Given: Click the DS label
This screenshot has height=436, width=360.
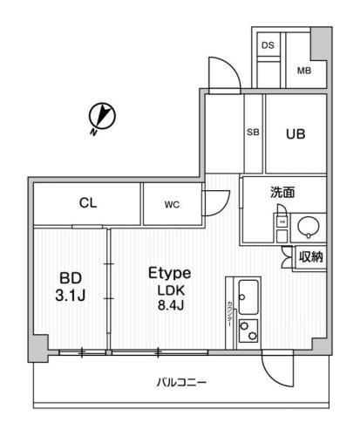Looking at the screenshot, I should (268, 44).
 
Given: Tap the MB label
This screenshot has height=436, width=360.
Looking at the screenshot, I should (305, 71).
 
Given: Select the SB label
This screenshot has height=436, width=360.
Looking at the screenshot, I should (253, 133).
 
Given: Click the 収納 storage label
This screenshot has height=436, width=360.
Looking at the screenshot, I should (310, 256).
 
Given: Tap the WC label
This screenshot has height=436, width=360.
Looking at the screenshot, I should (171, 205).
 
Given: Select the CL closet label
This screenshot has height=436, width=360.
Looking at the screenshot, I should (87, 204).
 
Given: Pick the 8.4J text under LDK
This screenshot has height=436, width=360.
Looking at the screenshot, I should (170, 304).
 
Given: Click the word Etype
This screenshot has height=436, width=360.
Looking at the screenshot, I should (169, 273).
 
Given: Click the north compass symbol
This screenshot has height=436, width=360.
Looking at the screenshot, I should (102, 116).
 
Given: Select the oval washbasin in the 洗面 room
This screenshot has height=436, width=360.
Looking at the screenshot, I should (308, 228).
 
